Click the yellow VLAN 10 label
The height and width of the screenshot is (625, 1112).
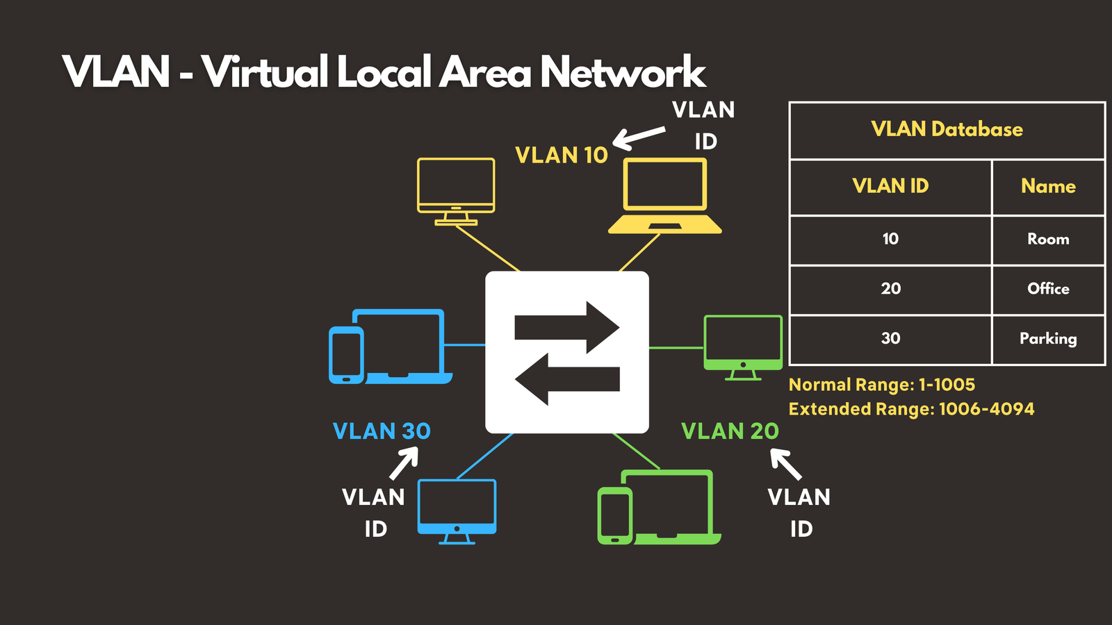(x=562, y=155)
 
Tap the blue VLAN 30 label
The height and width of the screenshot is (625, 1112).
(x=382, y=431)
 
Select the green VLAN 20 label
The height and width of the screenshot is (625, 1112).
(x=730, y=431)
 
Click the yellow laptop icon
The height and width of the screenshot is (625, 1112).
(x=665, y=196)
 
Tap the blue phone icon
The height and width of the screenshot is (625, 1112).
(x=346, y=355)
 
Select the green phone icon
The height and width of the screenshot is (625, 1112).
(x=615, y=515)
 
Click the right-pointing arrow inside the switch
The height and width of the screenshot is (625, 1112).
(x=566, y=327)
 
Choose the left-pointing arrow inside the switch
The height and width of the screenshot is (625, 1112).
(x=566, y=379)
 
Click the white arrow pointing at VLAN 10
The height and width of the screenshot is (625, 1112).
(x=639, y=137)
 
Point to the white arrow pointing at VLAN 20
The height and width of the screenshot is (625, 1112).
(x=786, y=464)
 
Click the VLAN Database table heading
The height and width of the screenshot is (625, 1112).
(x=947, y=129)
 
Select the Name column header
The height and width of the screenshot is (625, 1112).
(x=1048, y=186)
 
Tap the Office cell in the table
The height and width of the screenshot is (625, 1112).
(x=1048, y=288)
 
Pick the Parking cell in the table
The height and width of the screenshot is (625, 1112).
(x=1048, y=339)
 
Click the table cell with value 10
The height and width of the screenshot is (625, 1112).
(x=890, y=239)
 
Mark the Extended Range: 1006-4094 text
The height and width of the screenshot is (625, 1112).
(x=911, y=409)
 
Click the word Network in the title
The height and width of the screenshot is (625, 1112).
(x=623, y=72)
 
